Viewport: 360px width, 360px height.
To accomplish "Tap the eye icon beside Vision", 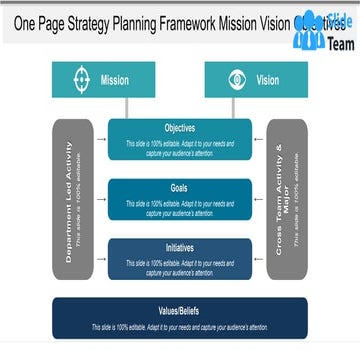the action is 237,80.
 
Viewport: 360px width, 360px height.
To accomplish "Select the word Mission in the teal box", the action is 115,80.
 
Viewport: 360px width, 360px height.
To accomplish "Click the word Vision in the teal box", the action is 268,80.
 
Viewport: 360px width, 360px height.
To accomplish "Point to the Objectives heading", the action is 179,128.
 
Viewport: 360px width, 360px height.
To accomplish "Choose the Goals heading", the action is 179,187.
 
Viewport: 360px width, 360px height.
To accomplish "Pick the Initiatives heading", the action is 179,246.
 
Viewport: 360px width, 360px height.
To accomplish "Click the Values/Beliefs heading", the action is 179,312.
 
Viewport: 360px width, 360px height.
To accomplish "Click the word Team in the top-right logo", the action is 339,44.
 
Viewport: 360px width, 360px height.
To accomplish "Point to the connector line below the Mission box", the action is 126,107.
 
